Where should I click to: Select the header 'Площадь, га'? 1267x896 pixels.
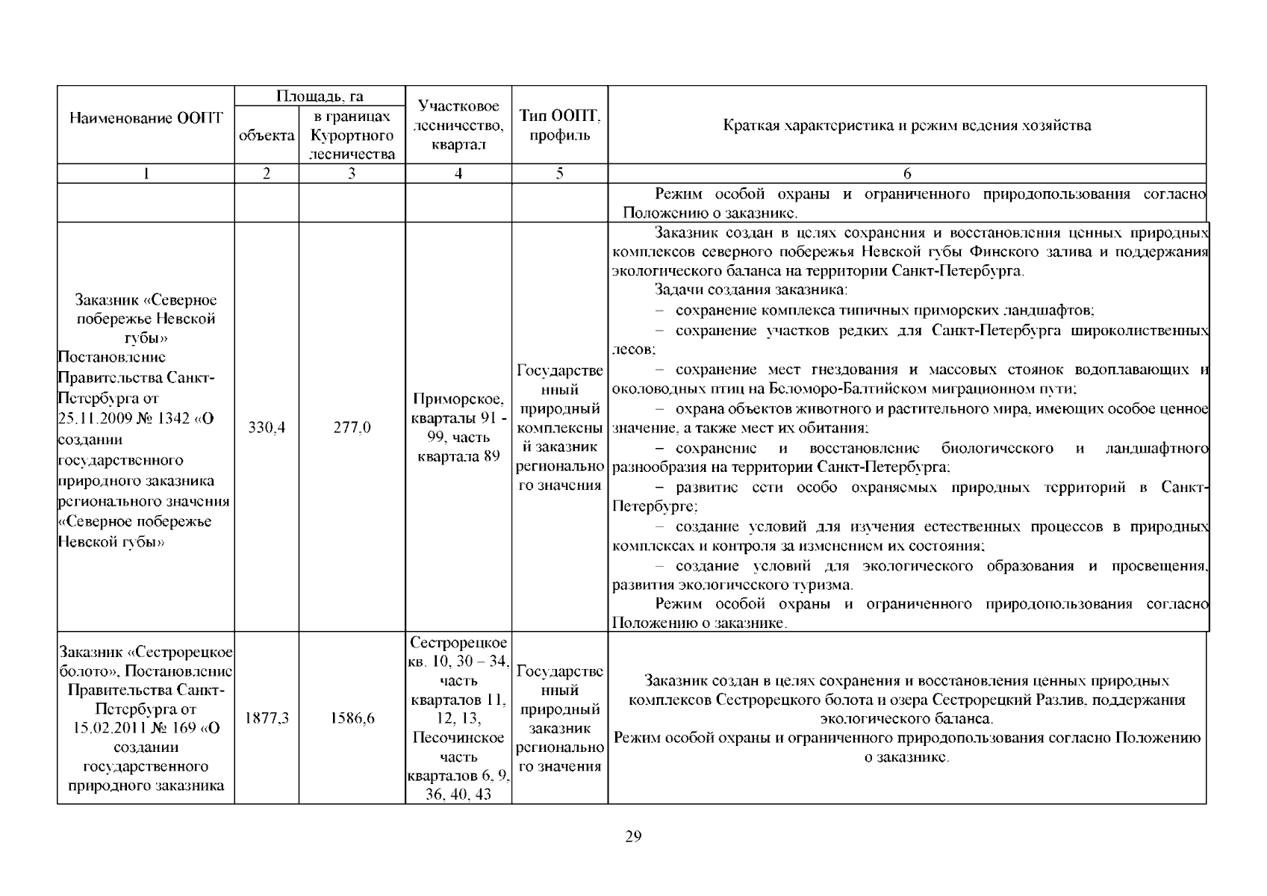[320, 96]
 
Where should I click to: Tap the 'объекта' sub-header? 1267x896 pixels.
[267, 135]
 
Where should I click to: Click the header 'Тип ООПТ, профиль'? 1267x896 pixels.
[559, 125]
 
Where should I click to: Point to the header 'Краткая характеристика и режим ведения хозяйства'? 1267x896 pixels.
[906, 125]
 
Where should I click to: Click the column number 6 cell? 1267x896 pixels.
[907, 174]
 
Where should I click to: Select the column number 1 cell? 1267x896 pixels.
[146, 174]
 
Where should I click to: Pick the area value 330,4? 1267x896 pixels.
[267, 428]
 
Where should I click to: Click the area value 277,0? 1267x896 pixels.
[352, 428]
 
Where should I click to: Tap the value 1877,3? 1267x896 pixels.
[267, 718]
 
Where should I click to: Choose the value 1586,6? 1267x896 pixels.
[352, 718]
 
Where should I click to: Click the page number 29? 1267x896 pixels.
[632, 836]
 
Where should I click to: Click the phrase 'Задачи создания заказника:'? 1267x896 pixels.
[750, 290]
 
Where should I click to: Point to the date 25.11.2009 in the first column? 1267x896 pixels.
[94, 419]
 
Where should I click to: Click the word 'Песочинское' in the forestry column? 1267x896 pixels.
[458, 738]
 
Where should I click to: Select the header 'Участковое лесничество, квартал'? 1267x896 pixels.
[458, 125]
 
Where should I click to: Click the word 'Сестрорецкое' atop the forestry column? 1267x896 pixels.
[458, 643]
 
